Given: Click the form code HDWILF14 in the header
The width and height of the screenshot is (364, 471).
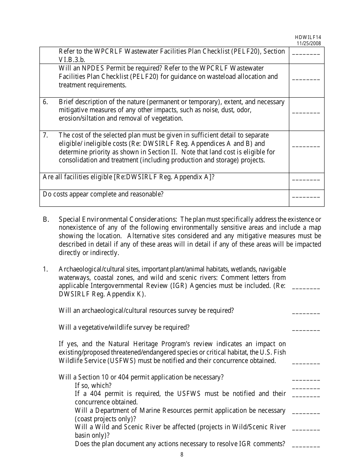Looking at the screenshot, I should point(308,37).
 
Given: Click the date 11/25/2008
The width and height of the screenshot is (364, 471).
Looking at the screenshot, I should point(309,43).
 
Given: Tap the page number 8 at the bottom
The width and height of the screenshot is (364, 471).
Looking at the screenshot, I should point(182,455).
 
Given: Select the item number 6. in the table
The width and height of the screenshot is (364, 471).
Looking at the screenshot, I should point(45,102).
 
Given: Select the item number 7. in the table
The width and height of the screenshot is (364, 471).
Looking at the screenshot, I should point(45,135).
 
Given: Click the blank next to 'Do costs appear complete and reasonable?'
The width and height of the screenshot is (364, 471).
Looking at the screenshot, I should point(306,196).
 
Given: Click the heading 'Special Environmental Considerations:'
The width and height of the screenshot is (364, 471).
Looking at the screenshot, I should point(117,219).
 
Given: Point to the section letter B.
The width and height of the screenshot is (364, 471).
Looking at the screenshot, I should point(46,219).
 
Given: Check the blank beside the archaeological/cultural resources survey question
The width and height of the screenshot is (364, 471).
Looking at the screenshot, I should point(306,313).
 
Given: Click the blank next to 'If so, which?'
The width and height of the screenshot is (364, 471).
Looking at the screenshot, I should point(306,388).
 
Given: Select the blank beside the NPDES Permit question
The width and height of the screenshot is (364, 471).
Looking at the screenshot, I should point(306,79).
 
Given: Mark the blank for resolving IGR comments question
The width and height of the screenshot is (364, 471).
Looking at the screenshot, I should point(306,446).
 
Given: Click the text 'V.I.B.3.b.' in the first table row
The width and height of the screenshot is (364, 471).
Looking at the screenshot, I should point(72,60).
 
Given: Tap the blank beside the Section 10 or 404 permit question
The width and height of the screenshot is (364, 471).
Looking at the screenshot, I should point(306,380).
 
